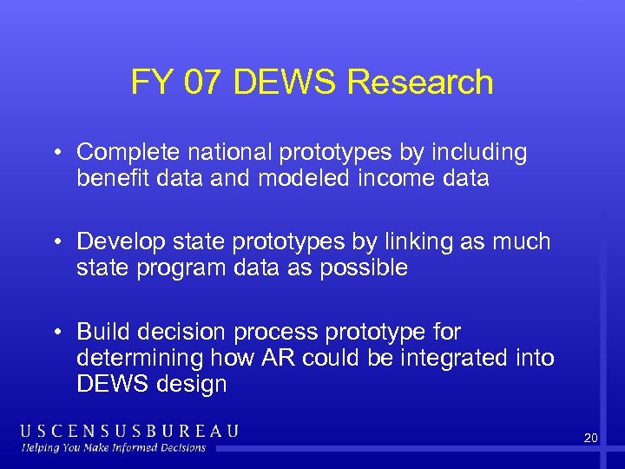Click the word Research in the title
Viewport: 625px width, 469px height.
pyautogui.click(x=419, y=83)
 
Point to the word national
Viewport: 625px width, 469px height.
pyautogui.click(x=227, y=153)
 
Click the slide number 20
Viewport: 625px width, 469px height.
pyautogui.click(x=590, y=439)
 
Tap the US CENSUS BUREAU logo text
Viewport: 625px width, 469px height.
pyautogui.click(x=129, y=431)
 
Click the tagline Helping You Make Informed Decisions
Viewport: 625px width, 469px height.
pyautogui.click(x=114, y=448)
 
